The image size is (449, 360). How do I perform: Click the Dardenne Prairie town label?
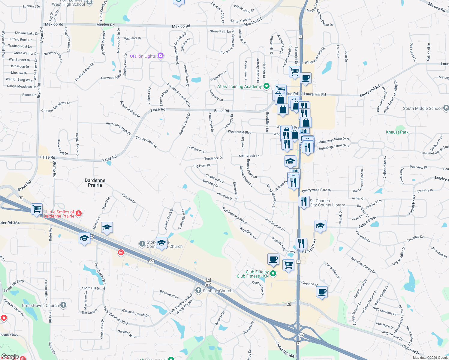click(95, 183)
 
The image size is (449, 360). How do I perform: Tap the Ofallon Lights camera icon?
click(161, 56)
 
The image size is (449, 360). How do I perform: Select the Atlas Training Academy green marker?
click(266, 86)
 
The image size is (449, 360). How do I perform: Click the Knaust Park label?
click(397, 132)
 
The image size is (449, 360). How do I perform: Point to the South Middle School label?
click(422, 108)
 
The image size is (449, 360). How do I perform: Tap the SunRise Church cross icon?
click(198, 290)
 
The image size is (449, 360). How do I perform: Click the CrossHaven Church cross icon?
click(63, 305)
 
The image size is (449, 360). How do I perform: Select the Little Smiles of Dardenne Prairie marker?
click(79, 213)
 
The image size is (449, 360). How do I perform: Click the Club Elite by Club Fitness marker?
click(273, 273)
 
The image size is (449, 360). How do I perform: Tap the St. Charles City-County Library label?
click(328, 203)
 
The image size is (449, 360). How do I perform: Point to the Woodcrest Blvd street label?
click(239, 132)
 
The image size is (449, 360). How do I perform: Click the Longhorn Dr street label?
click(198, 149)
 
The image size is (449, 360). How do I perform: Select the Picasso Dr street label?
click(128, 198)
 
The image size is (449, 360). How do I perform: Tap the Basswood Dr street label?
click(169, 294)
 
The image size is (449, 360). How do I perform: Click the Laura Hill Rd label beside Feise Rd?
click(315, 94)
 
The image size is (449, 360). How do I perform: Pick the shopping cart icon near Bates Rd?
click(37, 209)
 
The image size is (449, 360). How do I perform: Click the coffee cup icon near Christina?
click(322, 292)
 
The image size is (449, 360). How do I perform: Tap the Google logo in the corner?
click(10, 356)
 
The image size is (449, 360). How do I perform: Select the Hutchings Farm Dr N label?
click(334, 140)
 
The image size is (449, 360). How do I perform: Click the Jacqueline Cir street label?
click(333, 271)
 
